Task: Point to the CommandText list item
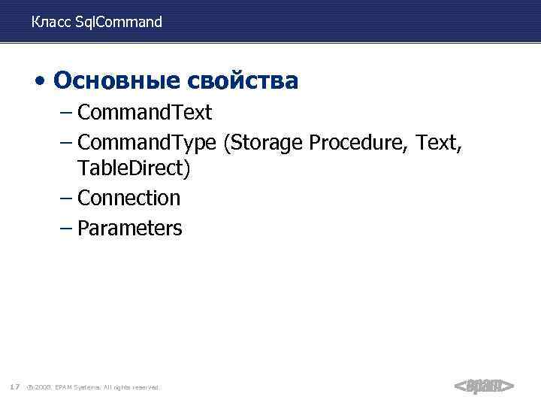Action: point(144,113)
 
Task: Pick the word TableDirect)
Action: point(134,169)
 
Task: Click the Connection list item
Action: point(128,198)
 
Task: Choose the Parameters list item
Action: point(129,228)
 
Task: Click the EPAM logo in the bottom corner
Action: point(484,386)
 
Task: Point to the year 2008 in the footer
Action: point(42,387)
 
